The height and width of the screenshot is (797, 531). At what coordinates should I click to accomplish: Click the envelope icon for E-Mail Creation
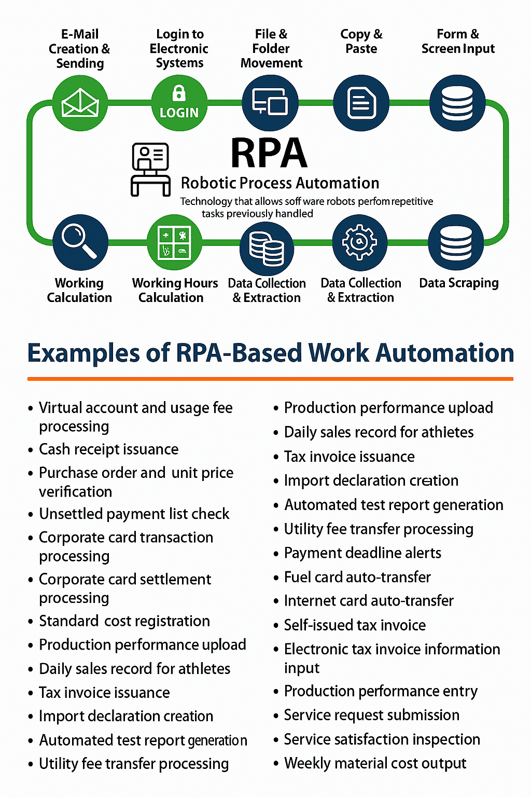(x=80, y=103)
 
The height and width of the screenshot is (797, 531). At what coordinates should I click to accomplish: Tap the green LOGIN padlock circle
(x=179, y=103)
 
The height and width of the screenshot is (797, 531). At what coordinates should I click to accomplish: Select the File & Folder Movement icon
(x=270, y=103)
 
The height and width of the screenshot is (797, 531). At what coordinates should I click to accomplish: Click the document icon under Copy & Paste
(x=361, y=103)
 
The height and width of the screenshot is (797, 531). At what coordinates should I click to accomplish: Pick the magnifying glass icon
(x=80, y=242)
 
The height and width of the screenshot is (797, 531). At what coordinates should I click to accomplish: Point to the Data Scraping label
(x=458, y=283)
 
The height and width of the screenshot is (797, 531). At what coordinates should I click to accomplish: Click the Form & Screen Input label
(x=458, y=42)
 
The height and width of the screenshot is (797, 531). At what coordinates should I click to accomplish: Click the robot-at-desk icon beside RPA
(x=150, y=169)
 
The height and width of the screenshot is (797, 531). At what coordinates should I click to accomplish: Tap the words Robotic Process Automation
(x=280, y=183)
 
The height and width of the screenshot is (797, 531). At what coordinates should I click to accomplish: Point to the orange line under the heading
(x=270, y=379)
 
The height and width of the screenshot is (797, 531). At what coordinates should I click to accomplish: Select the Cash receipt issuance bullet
(x=108, y=449)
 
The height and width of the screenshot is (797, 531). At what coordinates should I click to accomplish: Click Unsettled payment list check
(x=134, y=514)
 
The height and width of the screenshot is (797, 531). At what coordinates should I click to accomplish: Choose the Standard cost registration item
(x=124, y=621)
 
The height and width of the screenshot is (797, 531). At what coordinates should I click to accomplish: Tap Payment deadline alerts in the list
(x=362, y=553)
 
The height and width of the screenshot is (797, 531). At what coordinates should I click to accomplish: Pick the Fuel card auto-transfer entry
(x=357, y=577)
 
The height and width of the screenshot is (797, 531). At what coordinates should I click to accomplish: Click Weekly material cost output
(x=375, y=763)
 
